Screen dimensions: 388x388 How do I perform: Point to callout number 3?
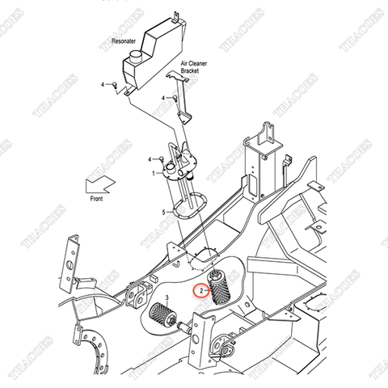(166, 298)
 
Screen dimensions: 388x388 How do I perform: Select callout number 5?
(165, 212)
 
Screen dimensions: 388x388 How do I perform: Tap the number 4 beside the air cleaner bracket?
(162, 98)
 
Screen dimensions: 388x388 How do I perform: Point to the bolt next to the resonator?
(115, 84)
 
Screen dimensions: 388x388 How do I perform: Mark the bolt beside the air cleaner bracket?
(173, 98)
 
